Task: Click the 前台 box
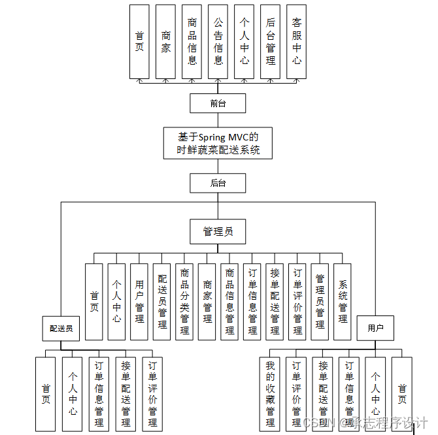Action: [x=218, y=103]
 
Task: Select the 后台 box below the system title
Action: [x=218, y=183]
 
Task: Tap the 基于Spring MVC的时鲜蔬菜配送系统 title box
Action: [x=218, y=143]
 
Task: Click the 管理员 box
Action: [x=218, y=231]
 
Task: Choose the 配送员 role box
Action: [x=61, y=329]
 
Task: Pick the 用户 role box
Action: [x=375, y=328]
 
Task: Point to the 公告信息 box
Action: [x=218, y=42]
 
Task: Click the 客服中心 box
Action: [x=297, y=42]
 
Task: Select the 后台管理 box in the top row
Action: [x=271, y=42]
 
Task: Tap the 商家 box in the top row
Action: [x=166, y=42]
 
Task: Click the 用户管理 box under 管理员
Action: [x=139, y=302]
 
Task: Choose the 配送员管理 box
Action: [x=162, y=302]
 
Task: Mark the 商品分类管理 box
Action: [x=185, y=302]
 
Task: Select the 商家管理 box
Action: [x=207, y=302]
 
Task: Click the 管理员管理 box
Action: [x=320, y=302]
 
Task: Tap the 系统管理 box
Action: [x=343, y=302]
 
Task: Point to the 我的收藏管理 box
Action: [x=270, y=394]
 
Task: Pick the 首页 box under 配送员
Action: [x=46, y=394]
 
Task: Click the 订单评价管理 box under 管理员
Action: [x=297, y=302]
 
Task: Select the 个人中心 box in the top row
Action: [x=244, y=42]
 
